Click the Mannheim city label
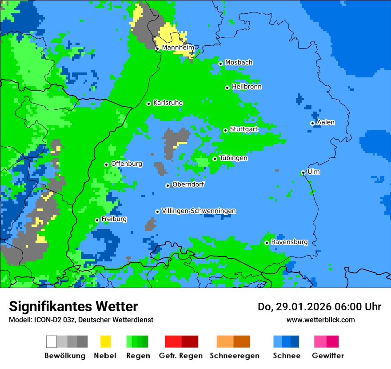(x=178, y=48)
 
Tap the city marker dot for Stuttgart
(x=226, y=130)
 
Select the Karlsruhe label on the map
(x=168, y=103)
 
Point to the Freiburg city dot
(x=97, y=220)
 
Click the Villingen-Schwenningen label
(x=199, y=211)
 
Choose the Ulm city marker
(x=303, y=172)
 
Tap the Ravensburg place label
(x=289, y=242)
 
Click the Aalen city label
(x=326, y=122)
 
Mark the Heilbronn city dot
(x=227, y=88)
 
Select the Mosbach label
(x=239, y=63)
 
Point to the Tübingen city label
(x=233, y=158)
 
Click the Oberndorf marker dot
(x=168, y=185)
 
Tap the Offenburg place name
(x=127, y=164)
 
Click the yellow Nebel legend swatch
(x=105, y=341)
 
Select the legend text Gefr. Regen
(x=180, y=356)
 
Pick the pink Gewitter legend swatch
(x=320, y=341)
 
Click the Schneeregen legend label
(x=235, y=356)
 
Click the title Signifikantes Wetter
(x=73, y=306)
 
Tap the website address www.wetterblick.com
(x=320, y=320)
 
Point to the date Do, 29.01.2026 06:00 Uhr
(x=319, y=307)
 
